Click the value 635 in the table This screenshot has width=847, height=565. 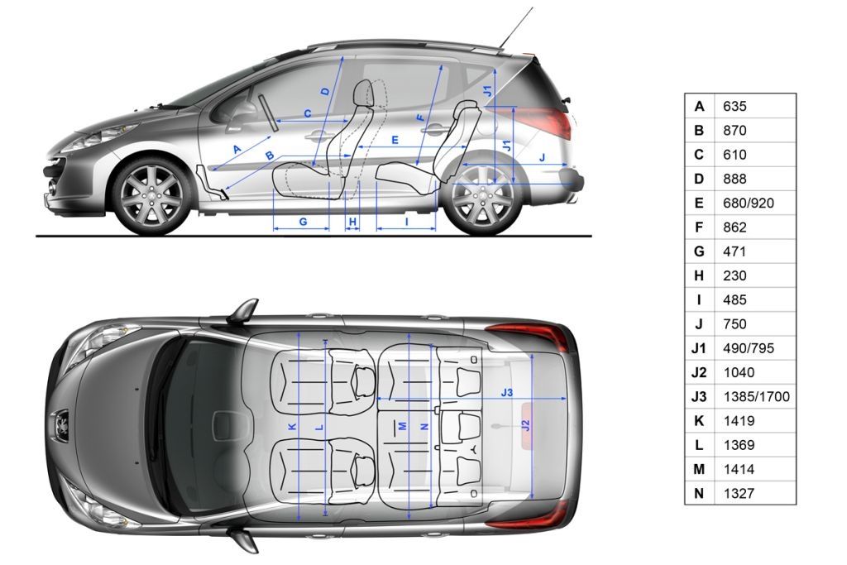[735, 106]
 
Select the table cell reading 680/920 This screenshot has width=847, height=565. [748, 203]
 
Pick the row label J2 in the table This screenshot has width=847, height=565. [699, 372]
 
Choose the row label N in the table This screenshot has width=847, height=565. [699, 493]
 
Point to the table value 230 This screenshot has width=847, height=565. [735, 275]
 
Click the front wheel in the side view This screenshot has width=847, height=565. [151, 196]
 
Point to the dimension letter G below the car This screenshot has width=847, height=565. [303, 222]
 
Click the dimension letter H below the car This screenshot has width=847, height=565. [352, 222]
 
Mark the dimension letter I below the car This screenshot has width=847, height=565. [407, 222]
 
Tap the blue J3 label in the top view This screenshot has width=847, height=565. [507, 392]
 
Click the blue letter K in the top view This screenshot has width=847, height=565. [292, 426]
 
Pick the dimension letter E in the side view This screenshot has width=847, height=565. [395, 141]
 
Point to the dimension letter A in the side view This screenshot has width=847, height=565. [237, 150]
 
